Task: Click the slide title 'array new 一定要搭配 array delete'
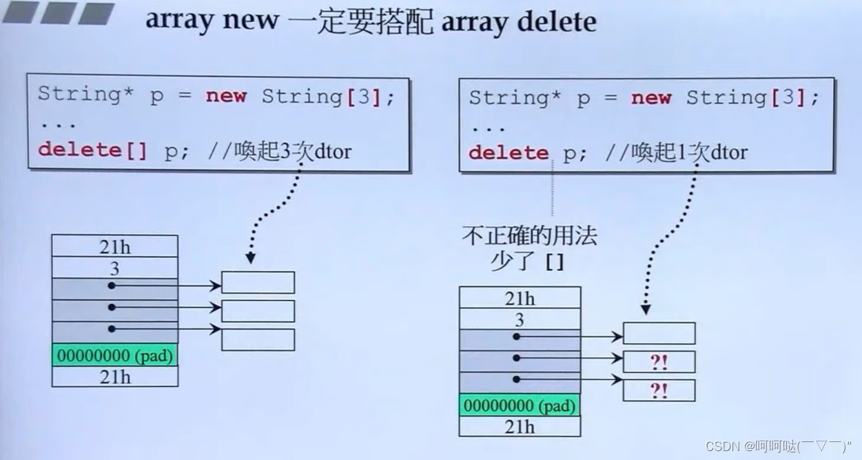coord(371,21)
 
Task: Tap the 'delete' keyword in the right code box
coord(509,152)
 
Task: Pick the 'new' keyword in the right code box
coord(650,97)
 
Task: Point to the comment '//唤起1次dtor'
coord(676,152)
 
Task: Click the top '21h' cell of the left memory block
coord(114,246)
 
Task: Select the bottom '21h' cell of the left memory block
coord(114,377)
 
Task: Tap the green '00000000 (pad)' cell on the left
coord(114,356)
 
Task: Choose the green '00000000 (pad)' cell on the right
coord(520,406)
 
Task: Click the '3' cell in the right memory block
coord(520,319)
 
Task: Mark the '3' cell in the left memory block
coord(114,268)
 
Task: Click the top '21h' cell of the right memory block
coord(520,298)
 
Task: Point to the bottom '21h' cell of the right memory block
coord(520,427)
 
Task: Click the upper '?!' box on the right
coord(659,362)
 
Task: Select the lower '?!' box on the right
coord(659,390)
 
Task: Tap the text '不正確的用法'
coord(529,237)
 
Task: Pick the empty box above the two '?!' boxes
coord(659,333)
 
